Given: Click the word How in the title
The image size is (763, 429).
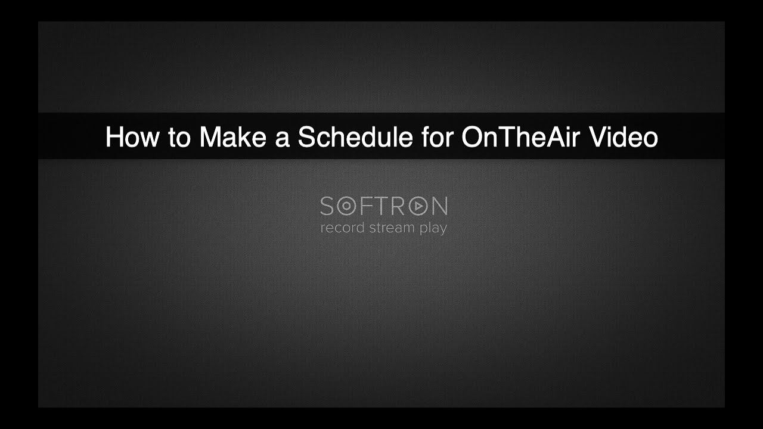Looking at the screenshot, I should tap(132, 137).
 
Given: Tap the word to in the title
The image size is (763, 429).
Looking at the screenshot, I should tap(179, 138).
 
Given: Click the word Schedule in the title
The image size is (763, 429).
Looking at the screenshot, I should tap(355, 137).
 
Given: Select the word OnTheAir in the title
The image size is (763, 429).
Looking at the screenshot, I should tap(522, 137).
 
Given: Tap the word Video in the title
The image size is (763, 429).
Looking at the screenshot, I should tap(624, 137).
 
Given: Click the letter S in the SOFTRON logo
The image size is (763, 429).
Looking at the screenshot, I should tap(327, 207).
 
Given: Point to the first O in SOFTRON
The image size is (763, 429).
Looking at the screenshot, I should tap(346, 207).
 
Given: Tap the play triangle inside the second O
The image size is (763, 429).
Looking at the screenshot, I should tap(419, 207).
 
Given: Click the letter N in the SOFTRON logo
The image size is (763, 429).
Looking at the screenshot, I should tap(439, 207).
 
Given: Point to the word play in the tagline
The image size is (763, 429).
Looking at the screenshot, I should tap(433, 229).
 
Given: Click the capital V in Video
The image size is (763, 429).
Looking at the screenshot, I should tap(597, 137).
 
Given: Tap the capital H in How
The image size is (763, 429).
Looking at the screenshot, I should tap(113, 137).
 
